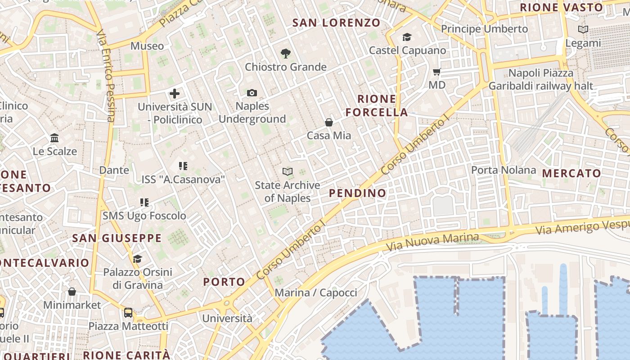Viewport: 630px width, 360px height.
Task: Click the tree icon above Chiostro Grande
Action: [285, 54]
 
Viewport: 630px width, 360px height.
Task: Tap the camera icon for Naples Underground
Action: [252, 93]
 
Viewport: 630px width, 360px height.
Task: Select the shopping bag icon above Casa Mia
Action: [329, 122]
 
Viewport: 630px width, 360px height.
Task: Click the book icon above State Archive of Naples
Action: [287, 171]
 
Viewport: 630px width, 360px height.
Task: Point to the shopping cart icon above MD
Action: [436, 72]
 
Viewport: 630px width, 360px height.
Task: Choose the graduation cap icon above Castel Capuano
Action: [407, 37]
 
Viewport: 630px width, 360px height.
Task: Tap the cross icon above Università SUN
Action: [175, 94]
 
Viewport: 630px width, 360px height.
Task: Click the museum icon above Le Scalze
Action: [54, 138]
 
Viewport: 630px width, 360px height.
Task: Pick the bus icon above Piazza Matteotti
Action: [128, 312]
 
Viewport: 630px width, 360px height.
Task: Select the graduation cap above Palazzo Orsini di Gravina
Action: [137, 259]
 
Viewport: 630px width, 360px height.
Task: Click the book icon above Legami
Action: [583, 30]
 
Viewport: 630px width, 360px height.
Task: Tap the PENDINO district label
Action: [357, 193]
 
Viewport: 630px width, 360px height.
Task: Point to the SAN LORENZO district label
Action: [336, 22]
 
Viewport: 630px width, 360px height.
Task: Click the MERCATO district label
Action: [571, 173]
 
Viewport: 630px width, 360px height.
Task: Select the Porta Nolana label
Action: [504, 170]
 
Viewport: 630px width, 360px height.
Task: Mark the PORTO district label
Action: [224, 282]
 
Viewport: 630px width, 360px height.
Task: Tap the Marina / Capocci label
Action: [315, 293]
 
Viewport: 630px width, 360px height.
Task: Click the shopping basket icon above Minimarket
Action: [72, 292]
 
